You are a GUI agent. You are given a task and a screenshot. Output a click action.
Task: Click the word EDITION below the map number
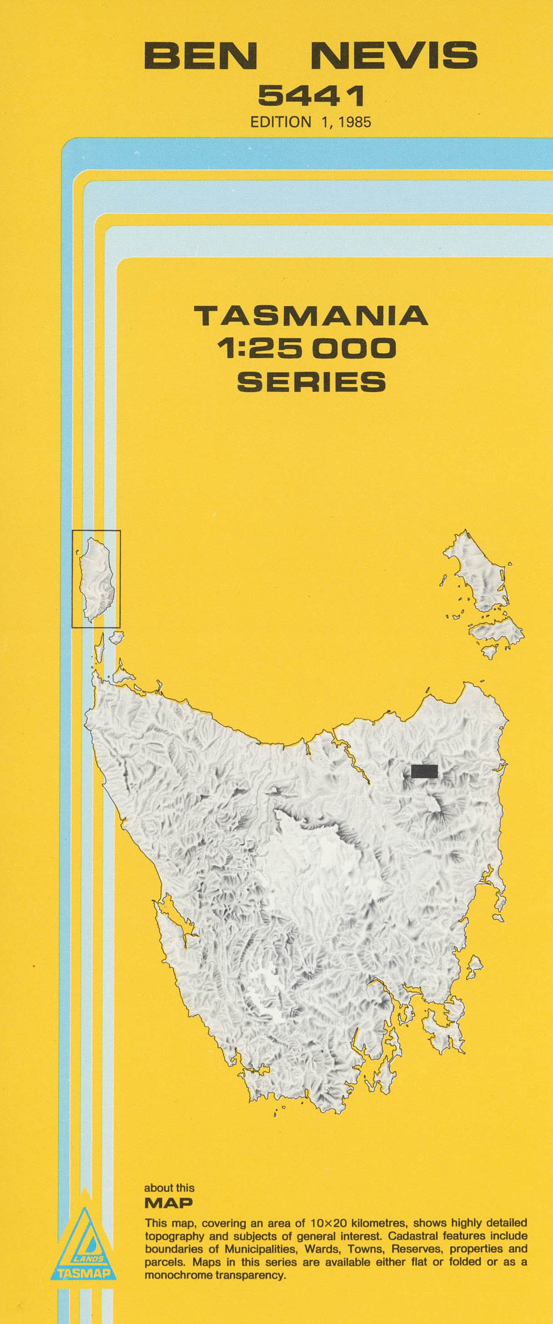point(281,122)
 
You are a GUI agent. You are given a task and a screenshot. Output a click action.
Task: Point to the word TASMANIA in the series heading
point(311,316)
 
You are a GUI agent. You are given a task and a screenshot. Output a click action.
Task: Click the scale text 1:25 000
point(307,349)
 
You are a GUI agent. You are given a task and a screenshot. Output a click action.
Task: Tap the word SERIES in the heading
point(311,381)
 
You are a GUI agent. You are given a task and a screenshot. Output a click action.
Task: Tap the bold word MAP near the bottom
point(169,1203)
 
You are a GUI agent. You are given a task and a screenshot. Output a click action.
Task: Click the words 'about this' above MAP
point(169,1188)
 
